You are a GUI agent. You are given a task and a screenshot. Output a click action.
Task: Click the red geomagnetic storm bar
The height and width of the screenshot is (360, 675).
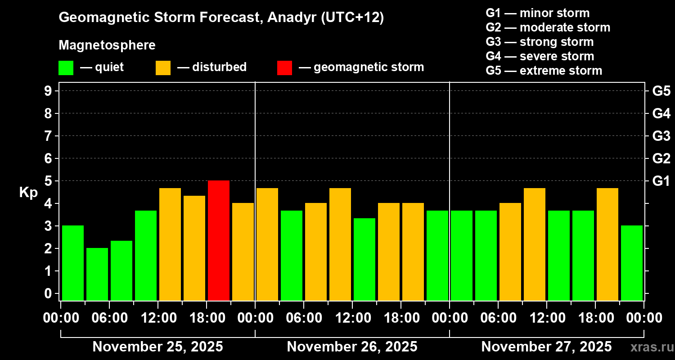coord(219,240)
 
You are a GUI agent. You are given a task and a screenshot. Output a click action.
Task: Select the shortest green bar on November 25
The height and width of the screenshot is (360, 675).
coord(97,274)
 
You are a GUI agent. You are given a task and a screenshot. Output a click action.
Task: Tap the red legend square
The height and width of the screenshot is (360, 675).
coord(284,67)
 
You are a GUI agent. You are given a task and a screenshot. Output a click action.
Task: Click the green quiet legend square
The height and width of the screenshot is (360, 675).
coord(66,67)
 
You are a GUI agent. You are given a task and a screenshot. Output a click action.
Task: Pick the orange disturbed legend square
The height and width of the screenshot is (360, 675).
coord(163,67)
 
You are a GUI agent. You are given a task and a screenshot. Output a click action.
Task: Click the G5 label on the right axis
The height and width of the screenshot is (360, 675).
coord(661,91)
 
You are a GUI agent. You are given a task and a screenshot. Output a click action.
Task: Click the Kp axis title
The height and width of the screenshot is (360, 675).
coord(28,193)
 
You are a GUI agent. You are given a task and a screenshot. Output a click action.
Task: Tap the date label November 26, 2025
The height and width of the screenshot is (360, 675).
coord(352,346)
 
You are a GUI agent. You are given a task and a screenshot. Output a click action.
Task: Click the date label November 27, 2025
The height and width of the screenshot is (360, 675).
coord(546,346)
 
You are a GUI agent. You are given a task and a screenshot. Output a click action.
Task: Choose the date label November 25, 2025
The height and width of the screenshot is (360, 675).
coord(157,346)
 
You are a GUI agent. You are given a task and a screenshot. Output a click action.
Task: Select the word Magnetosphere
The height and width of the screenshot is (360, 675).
coord(107,45)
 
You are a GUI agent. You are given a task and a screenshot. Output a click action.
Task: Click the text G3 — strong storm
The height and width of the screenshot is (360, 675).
coord(540,42)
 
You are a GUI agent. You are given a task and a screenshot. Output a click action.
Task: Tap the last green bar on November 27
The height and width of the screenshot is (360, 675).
coord(632,263)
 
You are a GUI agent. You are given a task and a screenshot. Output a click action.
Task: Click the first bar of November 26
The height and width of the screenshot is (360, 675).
coord(267,244)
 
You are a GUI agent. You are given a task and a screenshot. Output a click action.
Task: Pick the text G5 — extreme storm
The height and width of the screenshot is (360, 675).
coord(544,71)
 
